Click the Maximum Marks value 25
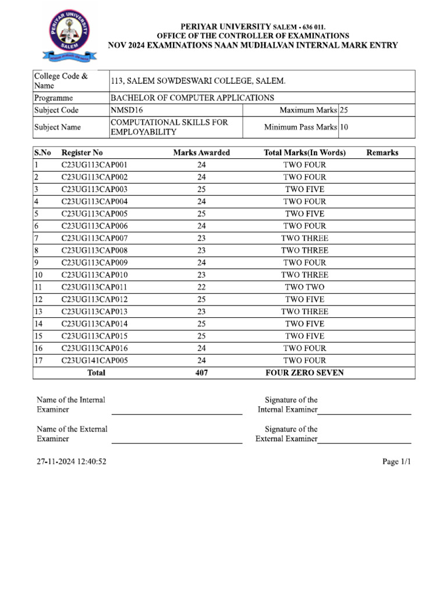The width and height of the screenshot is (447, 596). click(344, 110)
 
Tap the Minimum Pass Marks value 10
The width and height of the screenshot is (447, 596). click(344, 127)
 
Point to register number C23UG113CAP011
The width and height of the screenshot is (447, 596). click(94, 287)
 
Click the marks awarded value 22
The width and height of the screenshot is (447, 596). click(201, 287)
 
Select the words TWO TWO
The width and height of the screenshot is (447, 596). click(304, 287)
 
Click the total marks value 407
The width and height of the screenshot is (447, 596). click(201, 372)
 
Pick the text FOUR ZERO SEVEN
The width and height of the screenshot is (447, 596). click(304, 372)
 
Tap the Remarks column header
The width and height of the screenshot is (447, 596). click(382, 152)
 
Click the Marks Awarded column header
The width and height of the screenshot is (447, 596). click(201, 152)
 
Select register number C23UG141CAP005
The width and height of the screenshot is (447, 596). click(94, 360)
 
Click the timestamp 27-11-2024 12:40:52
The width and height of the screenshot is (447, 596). click(71, 462)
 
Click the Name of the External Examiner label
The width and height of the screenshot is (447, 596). click(72, 434)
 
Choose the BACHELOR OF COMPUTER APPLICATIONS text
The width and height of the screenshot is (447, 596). click(192, 98)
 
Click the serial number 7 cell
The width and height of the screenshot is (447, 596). click(37, 238)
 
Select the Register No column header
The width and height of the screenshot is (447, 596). click(82, 152)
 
